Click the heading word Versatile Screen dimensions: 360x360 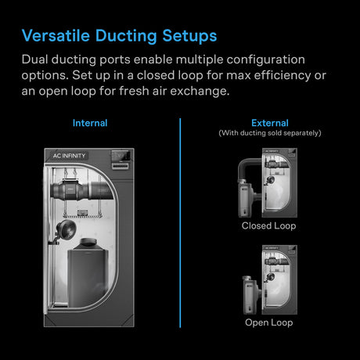click(x=56, y=36)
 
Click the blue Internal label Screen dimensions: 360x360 click(x=90, y=124)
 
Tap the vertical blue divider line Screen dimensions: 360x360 click(x=180, y=227)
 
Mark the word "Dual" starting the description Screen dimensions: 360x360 click(x=37, y=59)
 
